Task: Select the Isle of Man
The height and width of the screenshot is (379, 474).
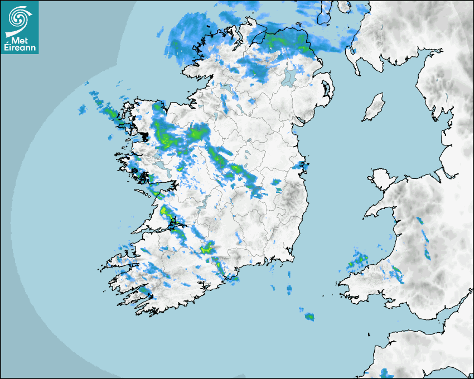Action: point(374,108)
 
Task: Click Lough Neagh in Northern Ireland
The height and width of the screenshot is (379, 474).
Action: point(289,76)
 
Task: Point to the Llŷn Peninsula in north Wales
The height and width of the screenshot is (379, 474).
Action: point(379,209)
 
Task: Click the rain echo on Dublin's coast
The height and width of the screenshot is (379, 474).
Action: point(303,166)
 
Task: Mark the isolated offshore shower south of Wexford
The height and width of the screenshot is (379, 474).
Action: point(309,317)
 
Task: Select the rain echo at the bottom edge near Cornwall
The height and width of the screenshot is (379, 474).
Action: point(384,372)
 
